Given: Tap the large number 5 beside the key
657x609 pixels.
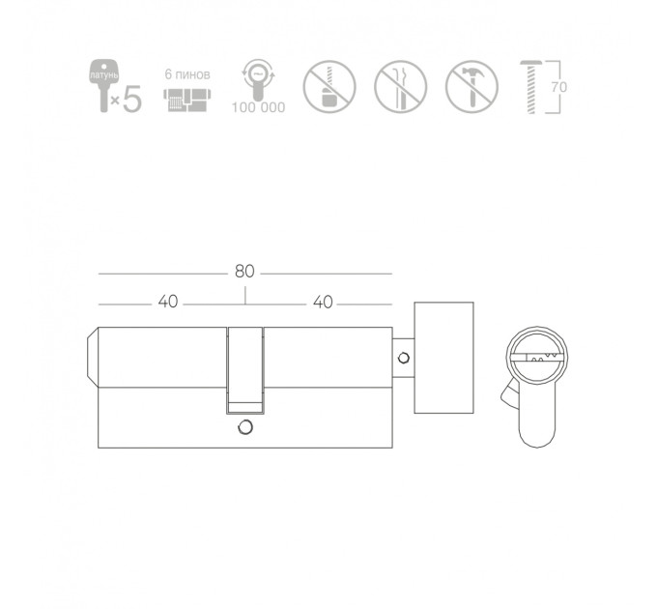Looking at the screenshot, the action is (132, 100).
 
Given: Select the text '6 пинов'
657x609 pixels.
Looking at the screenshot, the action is (187, 74).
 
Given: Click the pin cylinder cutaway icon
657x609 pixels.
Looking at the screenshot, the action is (186, 100).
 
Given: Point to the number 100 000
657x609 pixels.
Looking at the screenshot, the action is (259, 107).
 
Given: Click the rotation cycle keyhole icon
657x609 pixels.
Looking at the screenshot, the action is (258, 79).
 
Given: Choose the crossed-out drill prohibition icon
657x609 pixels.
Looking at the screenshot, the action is (329, 87).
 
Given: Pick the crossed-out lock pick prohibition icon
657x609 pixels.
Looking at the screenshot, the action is (401, 87).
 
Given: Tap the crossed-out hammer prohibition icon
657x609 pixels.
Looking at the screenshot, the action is (471, 87).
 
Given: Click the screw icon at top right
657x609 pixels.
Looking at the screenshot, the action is (530, 87).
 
